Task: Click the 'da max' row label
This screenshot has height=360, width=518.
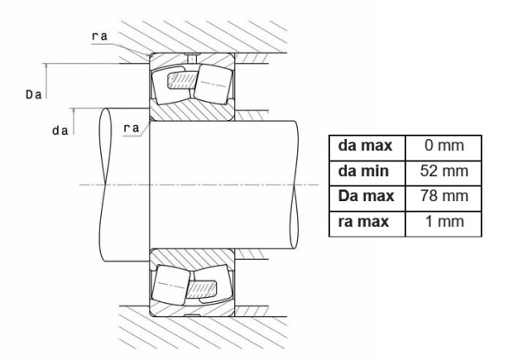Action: click(365, 146)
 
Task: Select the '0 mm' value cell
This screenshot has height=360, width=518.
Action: click(444, 146)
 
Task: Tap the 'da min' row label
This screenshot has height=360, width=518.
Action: click(363, 171)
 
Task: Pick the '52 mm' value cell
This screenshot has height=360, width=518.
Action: click(444, 171)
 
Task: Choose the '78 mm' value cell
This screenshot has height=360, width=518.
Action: click(444, 196)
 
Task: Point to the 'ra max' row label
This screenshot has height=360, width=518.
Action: click(363, 222)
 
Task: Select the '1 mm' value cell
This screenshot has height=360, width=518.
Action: click(444, 222)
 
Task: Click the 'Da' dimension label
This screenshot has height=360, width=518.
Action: click(34, 95)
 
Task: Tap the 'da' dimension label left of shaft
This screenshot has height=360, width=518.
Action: click(60, 130)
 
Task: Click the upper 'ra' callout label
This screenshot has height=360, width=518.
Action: click(99, 36)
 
